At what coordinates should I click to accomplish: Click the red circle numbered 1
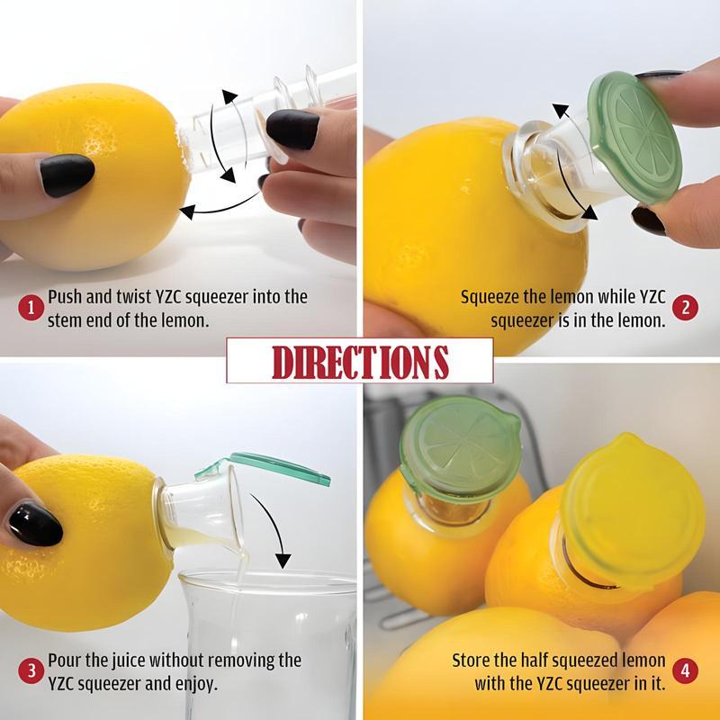coord(31,307)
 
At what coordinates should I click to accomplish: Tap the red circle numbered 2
coord(685,307)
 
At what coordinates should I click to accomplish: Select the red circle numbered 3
coord(31,671)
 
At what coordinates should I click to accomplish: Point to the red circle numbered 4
coord(685,671)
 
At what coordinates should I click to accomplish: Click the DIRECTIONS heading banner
coord(359,360)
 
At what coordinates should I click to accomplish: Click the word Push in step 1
coord(65,297)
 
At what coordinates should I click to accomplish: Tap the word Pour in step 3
coord(65,661)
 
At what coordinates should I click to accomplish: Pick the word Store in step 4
coord(472,661)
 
